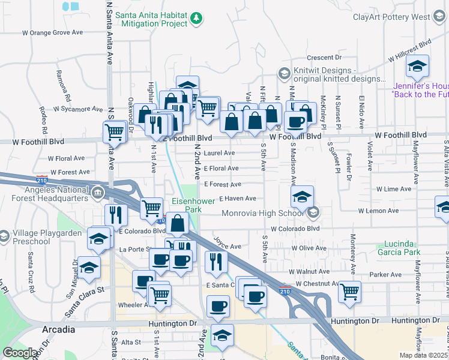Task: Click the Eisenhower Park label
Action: [x=193, y=206]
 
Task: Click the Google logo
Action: [x=20, y=353]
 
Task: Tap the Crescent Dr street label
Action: [x=324, y=58]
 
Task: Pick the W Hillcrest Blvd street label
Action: [x=410, y=51]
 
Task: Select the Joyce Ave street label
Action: [x=228, y=246]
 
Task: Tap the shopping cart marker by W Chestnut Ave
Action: [x=349, y=292]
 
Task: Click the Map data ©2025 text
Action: [x=424, y=355]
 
